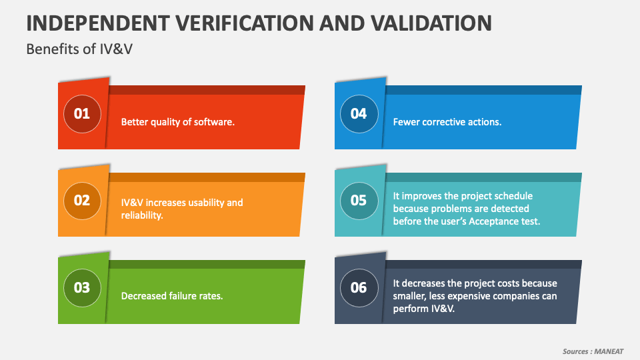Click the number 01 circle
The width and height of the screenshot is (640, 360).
coord(82,114)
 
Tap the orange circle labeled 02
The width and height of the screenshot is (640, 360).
coord(82,201)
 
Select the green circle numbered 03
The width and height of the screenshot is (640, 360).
coord(82,288)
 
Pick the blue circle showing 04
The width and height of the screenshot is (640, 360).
coord(359,114)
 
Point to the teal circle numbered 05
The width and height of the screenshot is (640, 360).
coord(359,201)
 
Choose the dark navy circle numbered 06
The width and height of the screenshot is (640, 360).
coord(359,288)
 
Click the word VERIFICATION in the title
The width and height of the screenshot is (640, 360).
coord(245,23)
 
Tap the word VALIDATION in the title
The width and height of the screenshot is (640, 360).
coord(431,23)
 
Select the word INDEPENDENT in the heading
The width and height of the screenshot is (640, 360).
coord(98,23)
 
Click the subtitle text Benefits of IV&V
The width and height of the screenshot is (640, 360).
coord(79,49)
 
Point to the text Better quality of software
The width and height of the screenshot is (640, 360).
coord(178,122)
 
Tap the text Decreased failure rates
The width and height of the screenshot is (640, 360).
coord(172,296)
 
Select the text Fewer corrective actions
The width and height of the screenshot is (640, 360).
coord(447,122)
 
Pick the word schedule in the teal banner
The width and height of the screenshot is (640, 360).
coord(514,196)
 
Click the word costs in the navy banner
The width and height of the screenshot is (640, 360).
coord(507,283)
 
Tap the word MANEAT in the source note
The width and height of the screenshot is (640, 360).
coord(609,351)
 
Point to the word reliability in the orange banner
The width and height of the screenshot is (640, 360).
coord(141,215)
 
